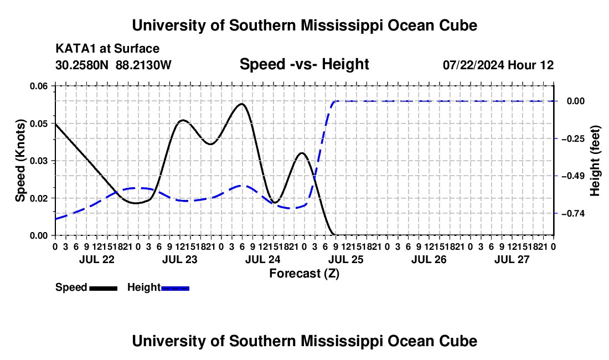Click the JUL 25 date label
click(345, 259)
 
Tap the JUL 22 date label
click(97, 259)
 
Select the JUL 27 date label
click(512, 259)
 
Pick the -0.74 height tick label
click(572, 214)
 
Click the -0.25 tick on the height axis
click(572, 138)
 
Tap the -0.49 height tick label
click(572, 176)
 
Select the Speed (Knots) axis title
click(20, 161)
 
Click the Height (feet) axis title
click(595, 161)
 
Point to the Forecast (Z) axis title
click(304, 274)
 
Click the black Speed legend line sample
click(104, 289)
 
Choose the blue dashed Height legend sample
click(175, 289)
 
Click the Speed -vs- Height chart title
click(304, 64)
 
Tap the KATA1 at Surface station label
click(107, 49)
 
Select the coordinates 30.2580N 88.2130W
click(113, 65)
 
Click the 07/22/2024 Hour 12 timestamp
click(498, 65)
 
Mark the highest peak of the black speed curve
click(241, 104)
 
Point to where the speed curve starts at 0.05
click(55, 124)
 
